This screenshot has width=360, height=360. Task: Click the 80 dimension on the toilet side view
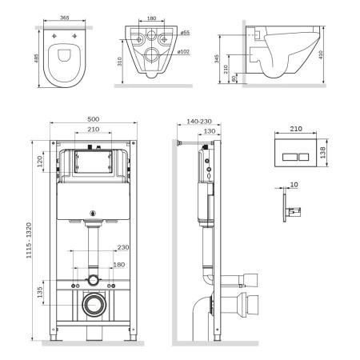point(233,78)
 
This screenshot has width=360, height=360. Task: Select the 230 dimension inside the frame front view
point(122,248)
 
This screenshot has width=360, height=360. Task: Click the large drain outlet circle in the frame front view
point(94,305)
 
